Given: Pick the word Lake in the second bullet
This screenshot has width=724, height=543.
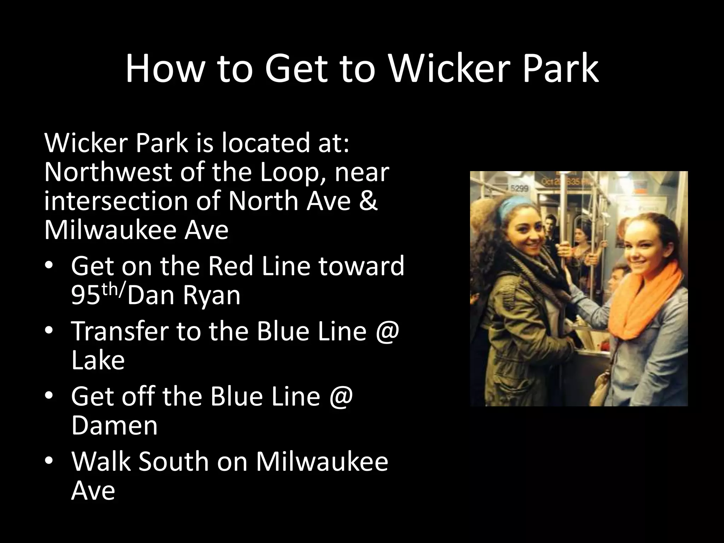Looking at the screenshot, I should [x=98, y=360].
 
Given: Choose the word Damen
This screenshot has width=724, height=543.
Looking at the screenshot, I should [x=114, y=426].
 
